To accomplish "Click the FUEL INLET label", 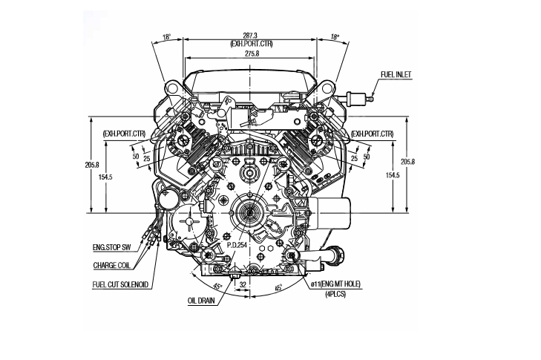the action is click(396, 74).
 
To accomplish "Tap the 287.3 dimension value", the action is click(250, 36).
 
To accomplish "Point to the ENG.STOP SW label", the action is click(114, 247).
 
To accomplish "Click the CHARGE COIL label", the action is click(112, 266).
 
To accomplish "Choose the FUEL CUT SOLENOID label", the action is click(120, 285).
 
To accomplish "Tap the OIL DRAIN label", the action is click(201, 301).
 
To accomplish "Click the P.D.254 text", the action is click(237, 245).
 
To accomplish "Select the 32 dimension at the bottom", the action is click(243, 285).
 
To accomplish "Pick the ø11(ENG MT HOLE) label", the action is click(335, 284).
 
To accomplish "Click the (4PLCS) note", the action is click(335, 294).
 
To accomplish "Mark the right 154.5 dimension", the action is click(393, 175).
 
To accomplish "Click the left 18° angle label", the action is click(167, 37).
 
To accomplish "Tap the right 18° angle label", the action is click(335, 37).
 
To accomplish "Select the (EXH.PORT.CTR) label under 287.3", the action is click(251, 44).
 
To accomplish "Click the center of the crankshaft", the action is click(249, 213).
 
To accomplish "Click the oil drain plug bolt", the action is click(235, 276).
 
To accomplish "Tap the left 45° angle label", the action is click(217, 287).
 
